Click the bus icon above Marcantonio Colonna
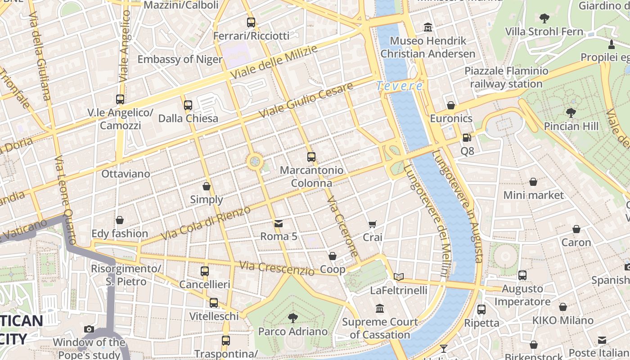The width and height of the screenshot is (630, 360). click(x=311, y=157)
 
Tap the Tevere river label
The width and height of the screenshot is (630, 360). click(x=400, y=85)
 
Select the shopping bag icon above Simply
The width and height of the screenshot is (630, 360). click(x=207, y=186)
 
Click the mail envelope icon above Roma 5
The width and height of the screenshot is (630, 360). click(x=279, y=223)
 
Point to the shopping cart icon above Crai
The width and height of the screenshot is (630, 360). click(x=372, y=224)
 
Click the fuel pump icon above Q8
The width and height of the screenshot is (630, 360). click(x=467, y=138)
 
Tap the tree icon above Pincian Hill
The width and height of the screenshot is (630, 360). click(x=571, y=112)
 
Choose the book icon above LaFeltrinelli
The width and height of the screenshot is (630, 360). click(x=398, y=277)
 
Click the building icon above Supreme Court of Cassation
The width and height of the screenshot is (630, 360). click(x=380, y=309)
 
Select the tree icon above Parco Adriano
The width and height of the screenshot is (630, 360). click(x=293, y=318)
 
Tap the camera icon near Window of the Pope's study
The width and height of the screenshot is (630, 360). click(x=89, y=329)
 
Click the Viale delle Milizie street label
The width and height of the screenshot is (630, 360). click(x=273, y=62)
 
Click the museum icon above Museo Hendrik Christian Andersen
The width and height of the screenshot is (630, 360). click(x=427, y=27)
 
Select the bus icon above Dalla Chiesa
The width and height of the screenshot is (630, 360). click(x=188, y=105)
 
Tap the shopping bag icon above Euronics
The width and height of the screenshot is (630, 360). click(x=451, y=105)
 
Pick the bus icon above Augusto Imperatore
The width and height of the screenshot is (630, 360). click(x=522, y=275)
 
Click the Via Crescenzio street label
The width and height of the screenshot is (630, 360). click(x=277, y=268)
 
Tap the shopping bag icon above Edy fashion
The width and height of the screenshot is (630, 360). click(x=119, y=220)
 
